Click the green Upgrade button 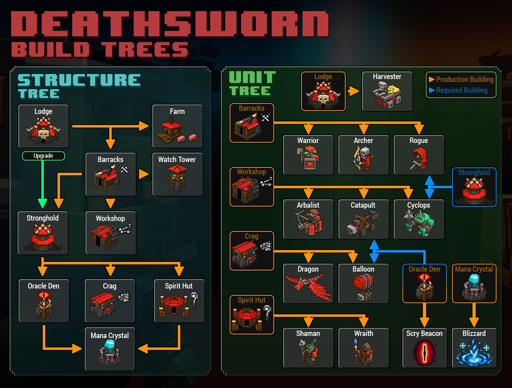pyautogui.click(x=43, y=156)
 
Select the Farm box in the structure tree pyautogui.click(x=177, y=126)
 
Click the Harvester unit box pyautogui.click(x=387, y=92)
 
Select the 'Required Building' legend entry pyautogui.click(x=461, y=90)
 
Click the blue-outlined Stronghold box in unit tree pyautogui.click(x=474, y=187)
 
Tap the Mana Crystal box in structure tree pyautogui.click(x=110, y=349)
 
